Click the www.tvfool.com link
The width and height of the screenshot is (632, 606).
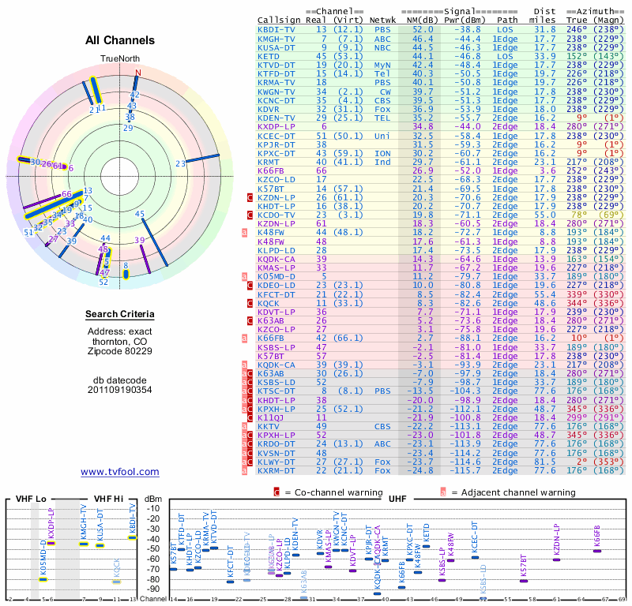click(x=120, y=472)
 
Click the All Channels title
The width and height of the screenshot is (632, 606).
click(x=119, y=40)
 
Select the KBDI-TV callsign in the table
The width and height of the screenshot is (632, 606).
click(x=276, y=29)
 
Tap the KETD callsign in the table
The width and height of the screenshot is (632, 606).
click(x=269, y=56)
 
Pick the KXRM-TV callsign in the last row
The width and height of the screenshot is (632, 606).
click(x=276, y=470)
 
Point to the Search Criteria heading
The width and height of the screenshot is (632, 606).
click(x=120, y=315)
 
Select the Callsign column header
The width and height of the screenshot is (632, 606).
click(x=279, y=20)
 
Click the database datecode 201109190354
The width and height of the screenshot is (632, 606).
click(x=120, y=389)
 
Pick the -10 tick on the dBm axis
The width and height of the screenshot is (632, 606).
click(x=154, y=507)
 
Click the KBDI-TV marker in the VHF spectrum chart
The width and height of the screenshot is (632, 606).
click(x=132, y=537)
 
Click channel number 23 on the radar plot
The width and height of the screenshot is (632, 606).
click(x=180, y=163)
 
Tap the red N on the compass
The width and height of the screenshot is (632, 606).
click(x=138, y=73)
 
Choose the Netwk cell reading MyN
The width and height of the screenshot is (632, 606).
click(x=383, y=65)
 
